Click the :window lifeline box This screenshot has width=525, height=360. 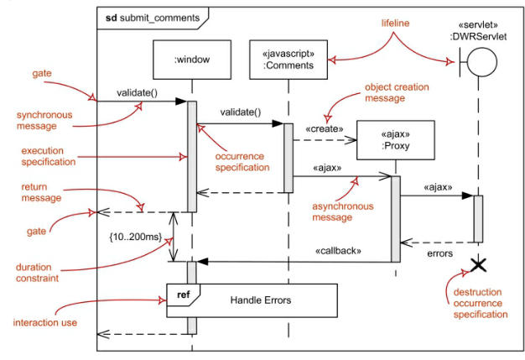191,60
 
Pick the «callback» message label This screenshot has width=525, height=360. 338,250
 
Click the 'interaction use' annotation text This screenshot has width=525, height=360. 47,322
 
